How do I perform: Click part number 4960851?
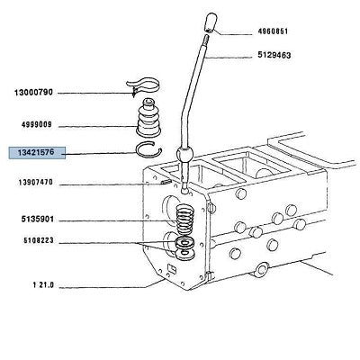273,31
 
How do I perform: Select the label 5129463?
274,55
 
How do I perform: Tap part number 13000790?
33,93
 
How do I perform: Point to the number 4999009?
36,125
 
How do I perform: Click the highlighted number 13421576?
36,152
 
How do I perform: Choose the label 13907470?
35,183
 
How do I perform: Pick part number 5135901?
38,220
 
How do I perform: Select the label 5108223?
39,240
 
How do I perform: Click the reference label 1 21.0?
43,285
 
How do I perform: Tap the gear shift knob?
210,22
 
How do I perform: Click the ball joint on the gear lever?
185,155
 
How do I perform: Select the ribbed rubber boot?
148,117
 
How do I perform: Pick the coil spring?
184,220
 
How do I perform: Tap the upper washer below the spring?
184,242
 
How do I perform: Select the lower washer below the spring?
184,255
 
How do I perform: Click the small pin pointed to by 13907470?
166,182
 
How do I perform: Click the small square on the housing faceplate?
172,267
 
